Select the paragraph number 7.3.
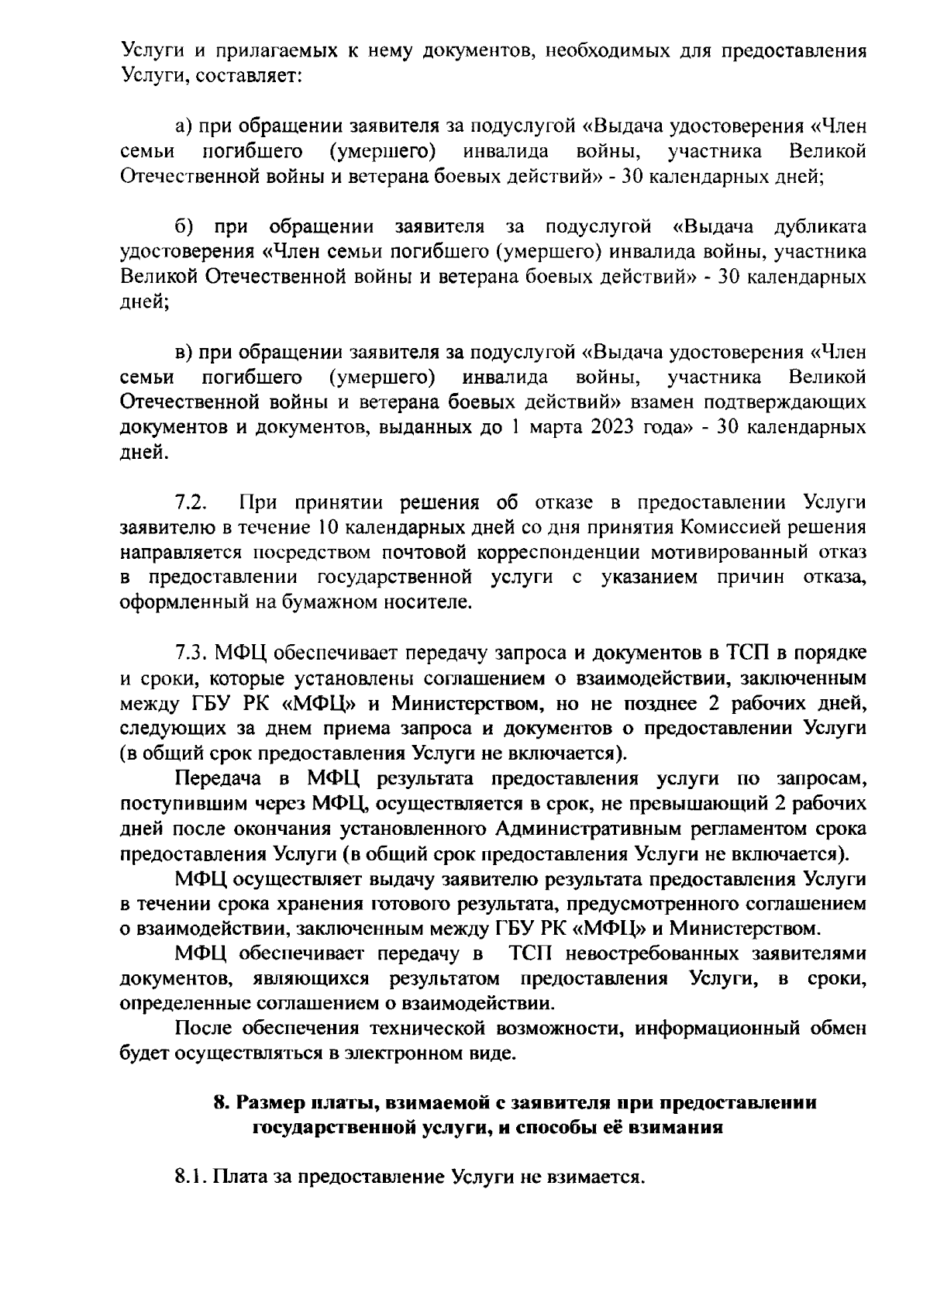pyautogui.click(x=191, y=653)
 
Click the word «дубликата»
pyautogui.click(x=820, y=227)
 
